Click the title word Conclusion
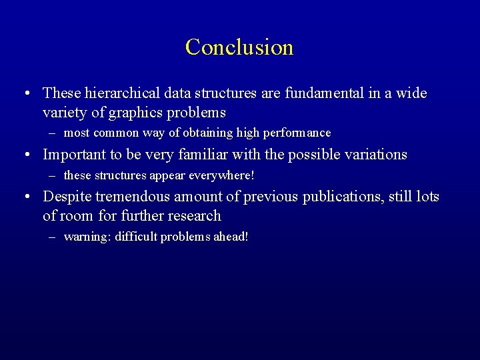coord(239,47)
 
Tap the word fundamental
coord(323,93)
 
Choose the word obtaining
coord(199,133)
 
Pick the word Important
coord(73,155)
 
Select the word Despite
coord(67,197)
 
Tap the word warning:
coord(87,237)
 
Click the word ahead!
coord(231,237)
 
